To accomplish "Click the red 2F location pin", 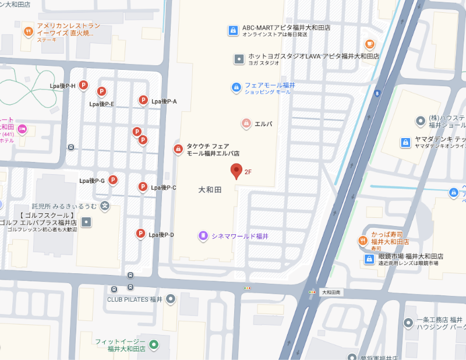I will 236,170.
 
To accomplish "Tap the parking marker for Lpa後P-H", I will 83,85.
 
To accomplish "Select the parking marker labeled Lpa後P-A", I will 143,100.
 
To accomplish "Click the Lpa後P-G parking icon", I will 113,180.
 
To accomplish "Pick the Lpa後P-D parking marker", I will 140,234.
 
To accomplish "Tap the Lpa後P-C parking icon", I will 142,186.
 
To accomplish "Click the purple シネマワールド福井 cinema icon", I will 203,236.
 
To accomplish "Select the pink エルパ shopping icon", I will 246,123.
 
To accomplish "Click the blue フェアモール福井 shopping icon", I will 236,87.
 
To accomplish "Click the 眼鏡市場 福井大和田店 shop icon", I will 369,259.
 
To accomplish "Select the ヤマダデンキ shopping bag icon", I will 405,142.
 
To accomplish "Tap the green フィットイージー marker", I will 154,344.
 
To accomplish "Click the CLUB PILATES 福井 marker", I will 171,299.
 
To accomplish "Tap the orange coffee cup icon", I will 369,44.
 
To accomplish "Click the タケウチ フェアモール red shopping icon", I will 178,149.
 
